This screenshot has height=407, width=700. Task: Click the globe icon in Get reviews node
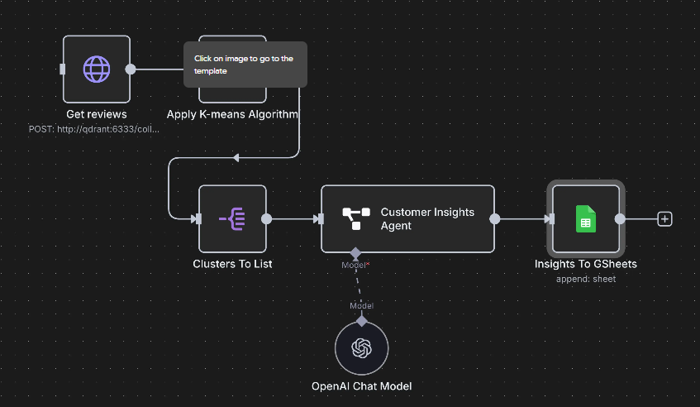[x=97, y=69]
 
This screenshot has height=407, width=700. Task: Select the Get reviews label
[x=97, y=114]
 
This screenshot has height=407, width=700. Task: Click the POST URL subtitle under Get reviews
[x=94, y=129]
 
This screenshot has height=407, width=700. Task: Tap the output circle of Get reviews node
[x=130, y=69]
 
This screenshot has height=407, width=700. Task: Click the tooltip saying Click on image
[x=245, y=65]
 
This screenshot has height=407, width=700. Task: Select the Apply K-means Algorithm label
[x=232, y=114]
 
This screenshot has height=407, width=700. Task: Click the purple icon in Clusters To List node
[x=232, y=219]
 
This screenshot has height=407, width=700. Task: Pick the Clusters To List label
[x=232, y=264]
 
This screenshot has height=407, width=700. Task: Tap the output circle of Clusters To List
[x=266, y=219]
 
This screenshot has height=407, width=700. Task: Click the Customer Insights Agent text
[x=427, y=218]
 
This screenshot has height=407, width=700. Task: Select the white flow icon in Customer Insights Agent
[x=356, y=219]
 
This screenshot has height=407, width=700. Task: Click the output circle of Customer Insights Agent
[x=494, y=219]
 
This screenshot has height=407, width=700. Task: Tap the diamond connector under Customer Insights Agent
[x=355, y=252]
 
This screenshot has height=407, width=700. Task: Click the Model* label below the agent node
[x=355, y=265]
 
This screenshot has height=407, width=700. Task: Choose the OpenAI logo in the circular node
[x=361, y=349]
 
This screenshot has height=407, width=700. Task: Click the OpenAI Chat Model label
[x=361, y=386]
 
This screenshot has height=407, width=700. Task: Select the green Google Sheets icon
[x=586, y=219]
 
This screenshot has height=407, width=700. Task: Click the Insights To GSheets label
[x=586, y=264]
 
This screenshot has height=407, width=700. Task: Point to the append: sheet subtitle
[x=586, y=279]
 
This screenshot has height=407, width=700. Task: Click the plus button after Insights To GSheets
[x=664, y=219]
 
